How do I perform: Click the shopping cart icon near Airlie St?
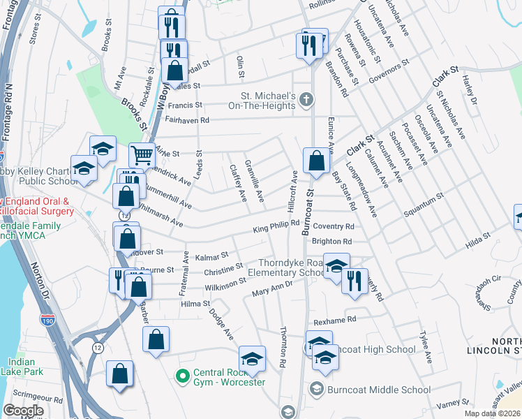pyautogui.click(x=142, y=154)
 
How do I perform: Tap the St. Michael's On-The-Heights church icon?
pyautogui.click(x=306, y=101)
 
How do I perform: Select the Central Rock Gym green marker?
pyautogui.click(x=183, y=376)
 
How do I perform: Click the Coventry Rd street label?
pyautogui.click(x=334, y=226)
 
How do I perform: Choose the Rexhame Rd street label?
pyautogui.click(x=335, y=319)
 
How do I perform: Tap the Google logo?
pyautogui.click(x=23, y=411)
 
